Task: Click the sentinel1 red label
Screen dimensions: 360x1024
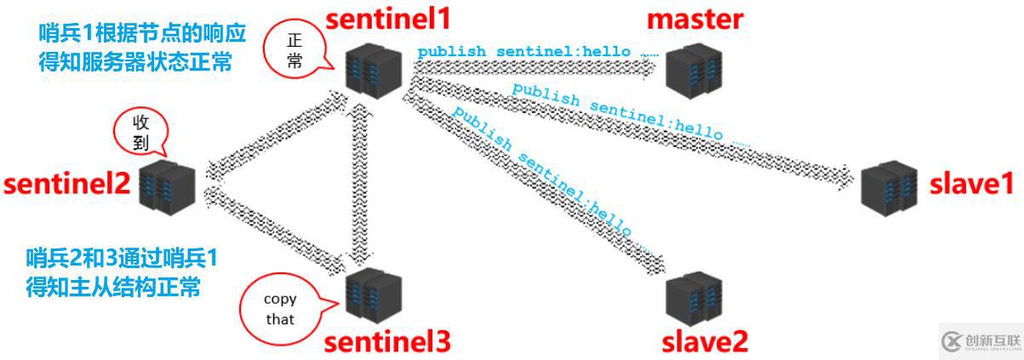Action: click(x=390, y=18)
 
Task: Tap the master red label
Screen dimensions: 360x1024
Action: click(x=695, y=18)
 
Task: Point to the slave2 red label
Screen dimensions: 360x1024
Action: click(x=705, y=341)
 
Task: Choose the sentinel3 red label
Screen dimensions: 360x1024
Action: click(x=386, y=341)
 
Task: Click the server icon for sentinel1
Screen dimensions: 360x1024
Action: click(x=374, y=72)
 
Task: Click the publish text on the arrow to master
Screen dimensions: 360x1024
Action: click(x=536, y=52)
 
